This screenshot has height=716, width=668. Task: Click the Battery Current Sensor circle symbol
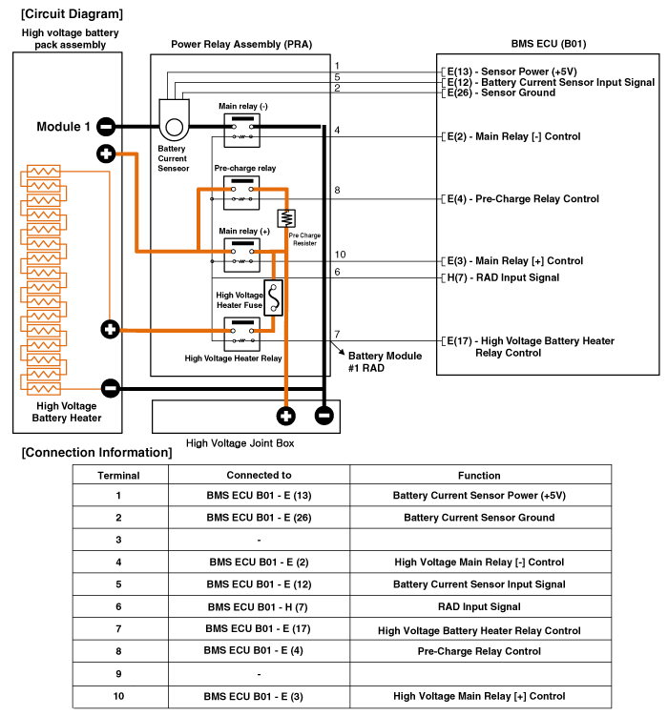coord(174,126)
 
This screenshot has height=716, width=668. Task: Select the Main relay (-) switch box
coord(240,130)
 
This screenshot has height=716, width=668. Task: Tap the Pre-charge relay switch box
coord(240,194)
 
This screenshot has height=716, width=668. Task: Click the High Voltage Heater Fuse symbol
coord(274,297)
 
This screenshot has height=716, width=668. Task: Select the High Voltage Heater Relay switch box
coord(240,335)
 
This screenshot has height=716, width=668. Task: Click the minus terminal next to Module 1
coord(106,126)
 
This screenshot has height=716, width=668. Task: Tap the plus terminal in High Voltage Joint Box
coord(285,415)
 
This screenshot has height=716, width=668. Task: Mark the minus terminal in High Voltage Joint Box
coord(324,415)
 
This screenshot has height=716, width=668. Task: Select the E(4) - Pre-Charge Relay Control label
coord(522,199)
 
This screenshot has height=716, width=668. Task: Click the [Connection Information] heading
coord(96,452)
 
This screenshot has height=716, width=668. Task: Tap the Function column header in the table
coord(479,475)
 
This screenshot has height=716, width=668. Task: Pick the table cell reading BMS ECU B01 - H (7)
coord(259,606)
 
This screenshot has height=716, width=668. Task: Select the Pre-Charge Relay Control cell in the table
coord(479,651)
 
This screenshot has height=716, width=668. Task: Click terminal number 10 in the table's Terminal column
coord(118,696)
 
